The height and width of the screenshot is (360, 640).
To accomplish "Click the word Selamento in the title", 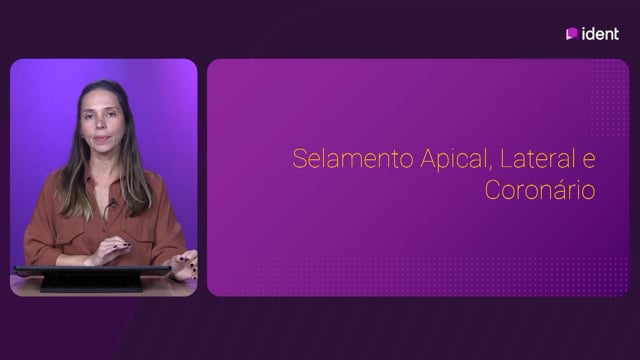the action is pyautogui.click(x=353, y=158).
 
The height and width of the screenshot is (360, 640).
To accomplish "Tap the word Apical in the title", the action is pyautogui.click(x=453, y=160).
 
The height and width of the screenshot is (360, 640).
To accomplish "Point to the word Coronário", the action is pyautogui.click(x=540, y=190).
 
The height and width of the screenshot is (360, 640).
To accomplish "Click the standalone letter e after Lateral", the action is pyautogui.click(x=589, y=161).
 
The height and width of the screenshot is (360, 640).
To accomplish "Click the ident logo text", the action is pyautogui.click(x=600, y=33).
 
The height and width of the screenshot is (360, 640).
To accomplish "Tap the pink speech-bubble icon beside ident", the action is pyautogui.click(x=571, y=33).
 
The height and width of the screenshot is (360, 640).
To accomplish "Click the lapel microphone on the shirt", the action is pyautogui.click(x=112, y=202).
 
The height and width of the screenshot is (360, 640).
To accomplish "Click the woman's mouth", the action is pyautogui.click(x=101, y=139).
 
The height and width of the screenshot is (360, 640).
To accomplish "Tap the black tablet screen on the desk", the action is pyautogui.click(x=92, y=271).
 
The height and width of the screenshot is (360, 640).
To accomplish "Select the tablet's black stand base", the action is pyautogui.click(x=91, y=283).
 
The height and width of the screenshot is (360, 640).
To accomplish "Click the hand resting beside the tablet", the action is pyautogui.click(x=184, y=264).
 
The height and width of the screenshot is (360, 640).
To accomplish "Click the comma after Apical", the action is pyautogui.click(x=490, y=168).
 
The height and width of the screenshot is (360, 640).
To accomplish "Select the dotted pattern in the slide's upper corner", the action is pyautogui.click(x=609, y=98).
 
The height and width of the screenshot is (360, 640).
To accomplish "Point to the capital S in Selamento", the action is pyautogui.click(x=299, y=158).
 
